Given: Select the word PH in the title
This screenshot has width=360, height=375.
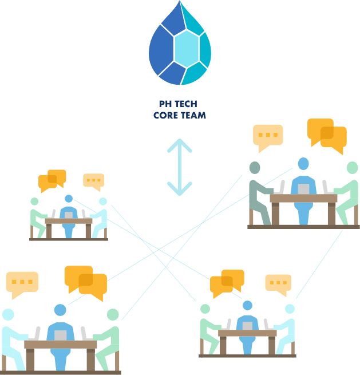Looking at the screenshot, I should coord(164,104).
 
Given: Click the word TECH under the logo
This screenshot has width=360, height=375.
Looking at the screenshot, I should coord(187,104).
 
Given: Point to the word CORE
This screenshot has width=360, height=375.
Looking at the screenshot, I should coord(166,115).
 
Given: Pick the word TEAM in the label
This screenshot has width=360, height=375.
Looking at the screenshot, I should coord(193,115).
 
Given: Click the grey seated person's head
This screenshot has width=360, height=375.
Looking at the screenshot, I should coord(255,167).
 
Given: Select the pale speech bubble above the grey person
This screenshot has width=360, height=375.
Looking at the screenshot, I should coord(268,136).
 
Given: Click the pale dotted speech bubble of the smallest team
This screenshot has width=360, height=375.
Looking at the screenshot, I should coord(93,181).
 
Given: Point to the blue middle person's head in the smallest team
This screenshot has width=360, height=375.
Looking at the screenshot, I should coord(69,199).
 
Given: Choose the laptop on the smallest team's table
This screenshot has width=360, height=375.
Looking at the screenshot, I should coord(69,215).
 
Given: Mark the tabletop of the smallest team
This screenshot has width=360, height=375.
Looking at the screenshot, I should coord(68,221).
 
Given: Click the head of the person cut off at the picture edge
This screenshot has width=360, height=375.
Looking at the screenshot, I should coord(7,314).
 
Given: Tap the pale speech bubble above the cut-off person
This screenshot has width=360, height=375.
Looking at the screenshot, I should coord(22,283).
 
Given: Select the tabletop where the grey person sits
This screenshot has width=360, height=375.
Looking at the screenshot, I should coord(303,199).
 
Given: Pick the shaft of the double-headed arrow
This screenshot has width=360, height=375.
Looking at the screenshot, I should coord(179,167).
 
